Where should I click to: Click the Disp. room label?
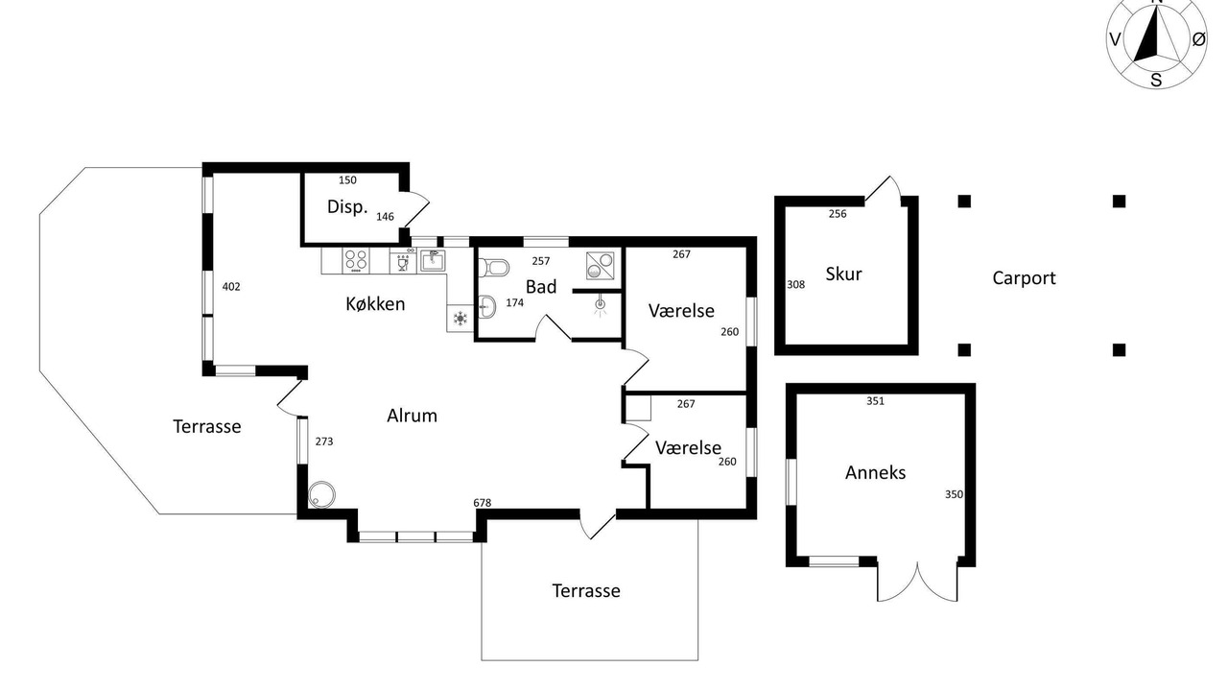pyautogui.click(x=347, y=206)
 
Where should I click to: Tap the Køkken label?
pyautogui.click(x=375, y=304)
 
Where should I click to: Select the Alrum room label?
pyautogui.click(x=412, y=416)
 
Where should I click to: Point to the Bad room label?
pyautogui.click(x=541, y=286)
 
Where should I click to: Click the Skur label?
pyautogui.click(x=843, y=274)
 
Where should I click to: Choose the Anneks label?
pyautogui.click(x=875, y=472)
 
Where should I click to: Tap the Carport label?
pyautogui.click(x=1024, y=278)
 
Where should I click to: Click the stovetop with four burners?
pyautogui.click(x=356, y=260)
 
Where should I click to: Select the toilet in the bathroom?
pyautogui.click(x=493, y=268)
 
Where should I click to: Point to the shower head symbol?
pyautogui.click(x=601, y=306)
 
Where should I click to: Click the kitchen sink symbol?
pyautogui.click(x=433, y=260)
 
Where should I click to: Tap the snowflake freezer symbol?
pyautogui.click(x=460, y=318)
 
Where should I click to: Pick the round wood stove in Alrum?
pyautogui.click(x=321, y=494)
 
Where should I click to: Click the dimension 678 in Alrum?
pyautogui.click(x=483, y=502)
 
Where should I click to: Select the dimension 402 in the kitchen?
pyautogui.click(x=231, y=286)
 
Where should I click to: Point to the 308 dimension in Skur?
pyautogui.click(x=795, y=284)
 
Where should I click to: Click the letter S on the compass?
pyautogui.click(x=1156, y=80)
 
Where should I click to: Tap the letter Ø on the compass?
pyautogui.click(x=1198, y=39)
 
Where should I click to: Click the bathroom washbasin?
pyautogui.click(x=487, y=306)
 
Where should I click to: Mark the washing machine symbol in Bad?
pyautogui.click(x=600, y=265)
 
